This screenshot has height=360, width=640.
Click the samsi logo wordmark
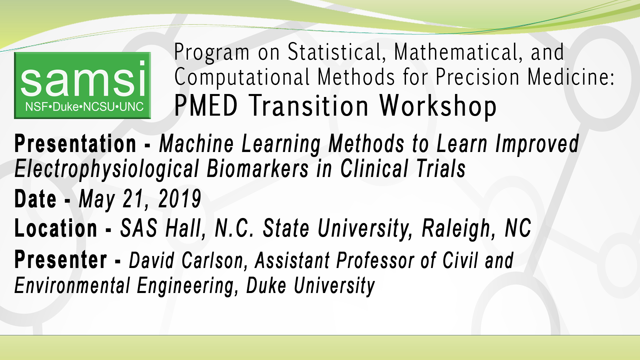[x=83, y=80]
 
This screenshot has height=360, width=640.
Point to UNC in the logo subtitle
[x=131, y=107]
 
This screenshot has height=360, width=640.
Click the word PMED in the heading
[x=206, y=106]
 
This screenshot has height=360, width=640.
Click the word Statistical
[x=337, y=52]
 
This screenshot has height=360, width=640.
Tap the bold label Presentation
[x=75, y=144]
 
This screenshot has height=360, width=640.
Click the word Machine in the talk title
[x=196, y=144]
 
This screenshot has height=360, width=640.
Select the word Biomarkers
[x=258, y=169]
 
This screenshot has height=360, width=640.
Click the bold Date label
[x=35, y=199]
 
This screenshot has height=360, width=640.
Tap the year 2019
[x=180, y=199]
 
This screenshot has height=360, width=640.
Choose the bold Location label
[x=56, y=229]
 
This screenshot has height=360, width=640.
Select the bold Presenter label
[x=61, y=260]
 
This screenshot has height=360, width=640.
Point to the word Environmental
[x=72, y=286]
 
